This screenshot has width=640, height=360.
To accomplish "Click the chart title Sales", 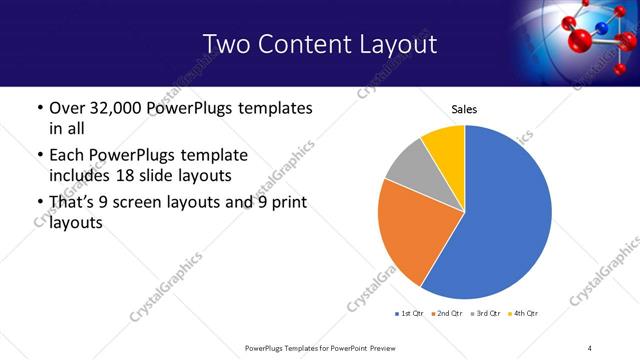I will click(464, 109).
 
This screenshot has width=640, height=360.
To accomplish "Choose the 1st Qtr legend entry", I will click(408, 314).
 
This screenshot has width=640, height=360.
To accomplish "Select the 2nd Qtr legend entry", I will click(446, 314).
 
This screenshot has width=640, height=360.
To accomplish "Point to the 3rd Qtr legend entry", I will click(484, 314).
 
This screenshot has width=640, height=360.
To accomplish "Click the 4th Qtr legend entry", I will click(522, 314).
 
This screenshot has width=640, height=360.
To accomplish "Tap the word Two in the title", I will click(226, 44).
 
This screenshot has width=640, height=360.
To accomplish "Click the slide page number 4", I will click(590, 347).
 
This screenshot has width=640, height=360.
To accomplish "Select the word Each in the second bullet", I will click(68, 155).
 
